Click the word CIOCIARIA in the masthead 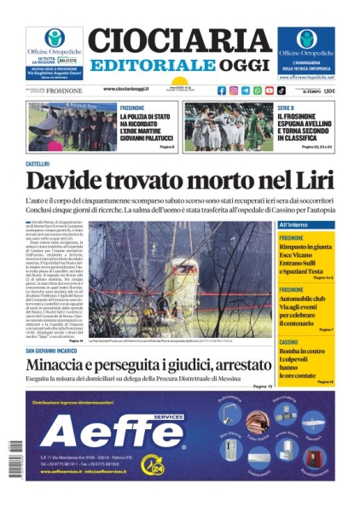179,40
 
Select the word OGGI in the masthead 245,66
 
